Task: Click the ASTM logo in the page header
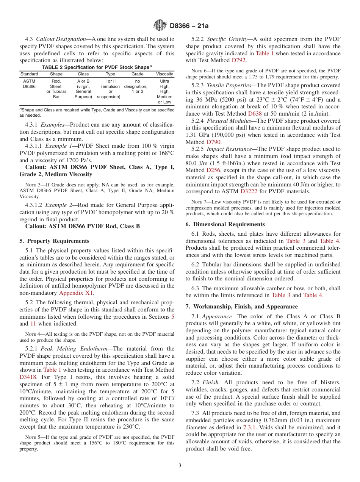pos(160,25)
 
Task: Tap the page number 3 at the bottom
pos(180,466)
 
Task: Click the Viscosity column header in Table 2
pos(164,74)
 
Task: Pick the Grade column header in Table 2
pos(138,74)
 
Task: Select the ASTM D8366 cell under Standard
pos(29,84)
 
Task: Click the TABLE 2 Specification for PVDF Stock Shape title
pos(97,67)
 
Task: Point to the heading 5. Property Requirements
pos(55,241)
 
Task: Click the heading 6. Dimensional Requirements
pos(225,224)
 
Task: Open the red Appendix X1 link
pos(76,293)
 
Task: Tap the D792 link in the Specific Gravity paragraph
pos(238,60)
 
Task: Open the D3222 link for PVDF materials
pos(249,191)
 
